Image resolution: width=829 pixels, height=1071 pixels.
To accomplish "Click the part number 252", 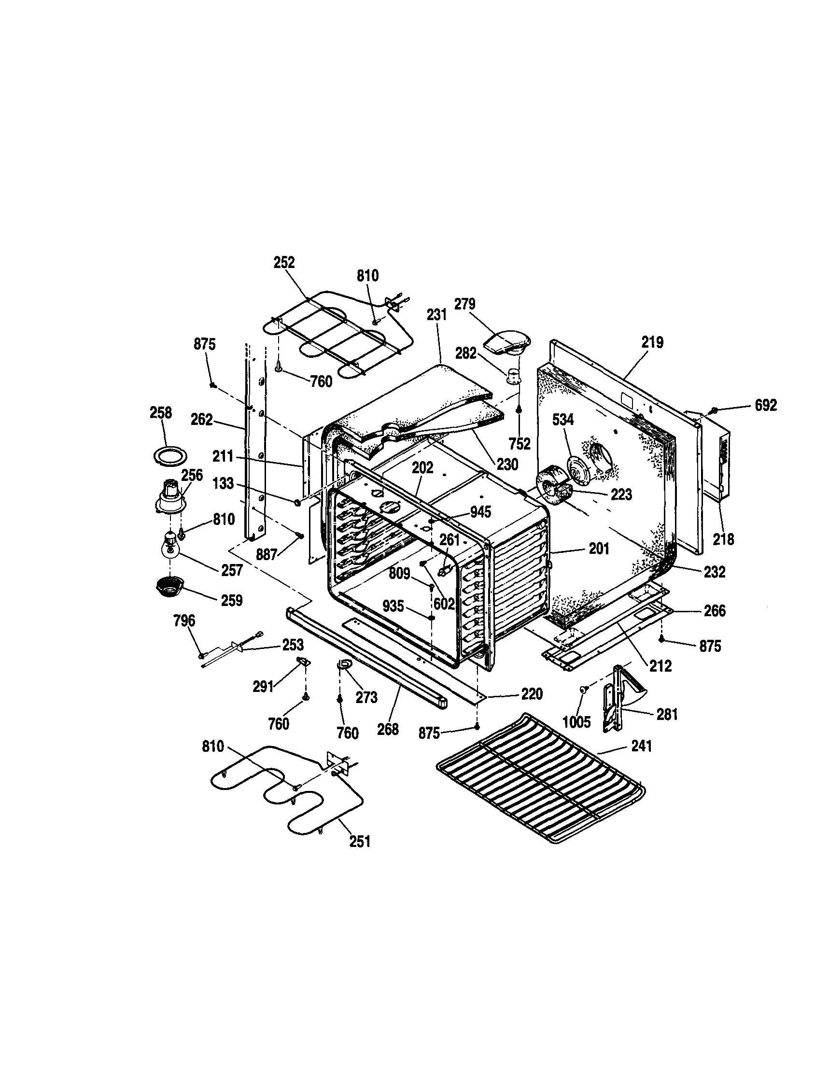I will click(284, 262).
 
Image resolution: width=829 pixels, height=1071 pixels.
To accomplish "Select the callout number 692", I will click(765, 405).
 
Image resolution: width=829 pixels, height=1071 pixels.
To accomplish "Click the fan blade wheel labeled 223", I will click(551, 485).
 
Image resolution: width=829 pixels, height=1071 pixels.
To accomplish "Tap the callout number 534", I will click(563, 420).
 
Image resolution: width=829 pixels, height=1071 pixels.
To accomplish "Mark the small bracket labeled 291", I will click(304, 662).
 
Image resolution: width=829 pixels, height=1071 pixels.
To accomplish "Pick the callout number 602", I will click(444, 603).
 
